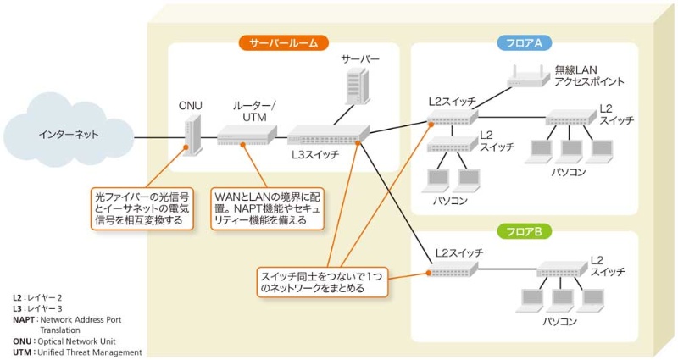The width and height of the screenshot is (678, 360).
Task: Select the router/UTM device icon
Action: point(246,134)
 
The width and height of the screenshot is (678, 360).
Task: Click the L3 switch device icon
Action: point(327,134)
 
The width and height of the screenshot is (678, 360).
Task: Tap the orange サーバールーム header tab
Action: point(283,42)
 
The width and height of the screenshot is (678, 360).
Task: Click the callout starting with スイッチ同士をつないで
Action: point(322,281)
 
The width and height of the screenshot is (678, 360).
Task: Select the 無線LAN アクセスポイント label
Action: point(589,76)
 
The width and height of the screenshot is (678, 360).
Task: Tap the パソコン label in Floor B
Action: point(559,322)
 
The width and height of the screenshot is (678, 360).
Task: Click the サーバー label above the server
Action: point(359,59)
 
